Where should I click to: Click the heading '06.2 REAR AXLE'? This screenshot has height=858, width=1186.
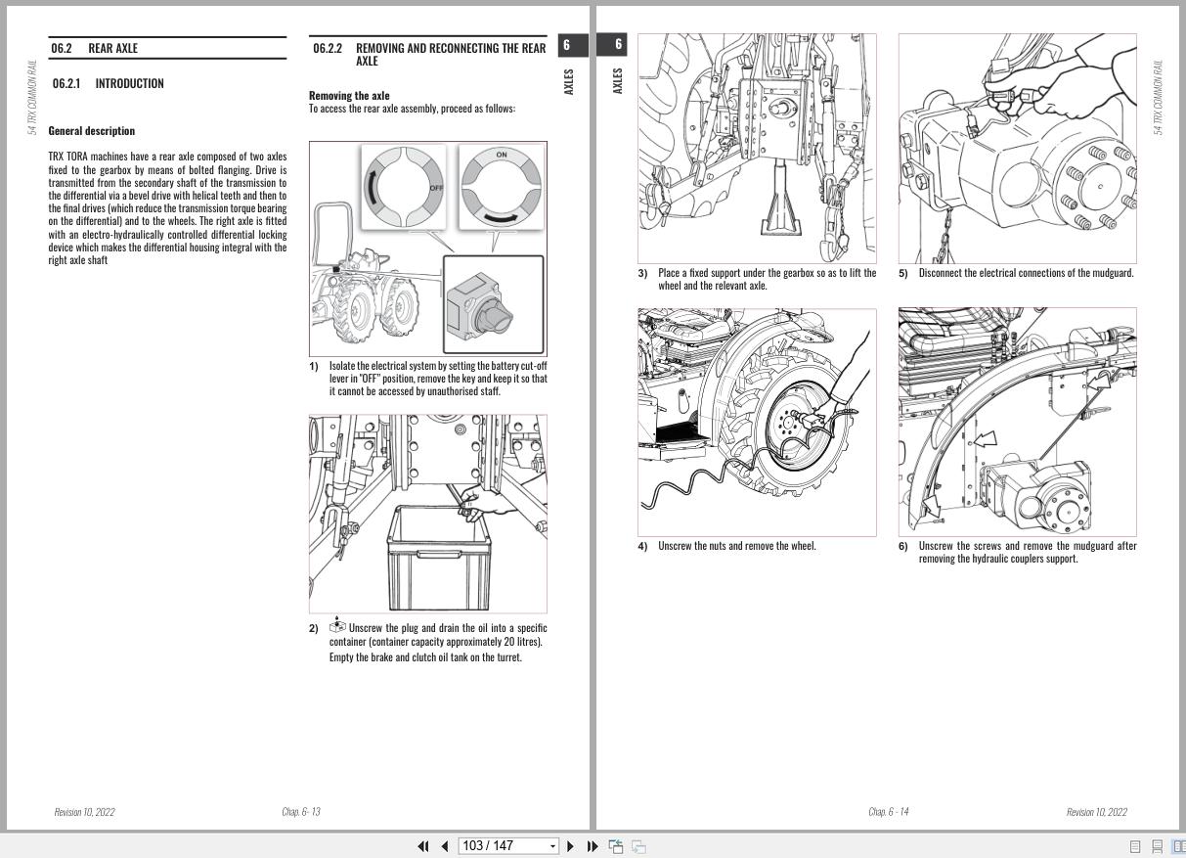94,48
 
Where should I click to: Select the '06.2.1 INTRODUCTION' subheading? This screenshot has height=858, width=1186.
108,84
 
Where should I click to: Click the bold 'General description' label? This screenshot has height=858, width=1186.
92,131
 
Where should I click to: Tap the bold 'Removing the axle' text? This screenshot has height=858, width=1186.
349,96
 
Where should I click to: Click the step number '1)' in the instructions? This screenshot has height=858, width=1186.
314,367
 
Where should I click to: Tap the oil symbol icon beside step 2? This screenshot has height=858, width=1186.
337,625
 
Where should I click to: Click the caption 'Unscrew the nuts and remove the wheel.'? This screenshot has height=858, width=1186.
736,546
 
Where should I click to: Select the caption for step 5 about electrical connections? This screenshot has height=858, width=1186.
1026,273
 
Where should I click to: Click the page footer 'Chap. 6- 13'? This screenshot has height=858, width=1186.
301,812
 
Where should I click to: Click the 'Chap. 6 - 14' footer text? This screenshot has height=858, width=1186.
888,812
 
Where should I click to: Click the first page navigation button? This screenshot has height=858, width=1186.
423,846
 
